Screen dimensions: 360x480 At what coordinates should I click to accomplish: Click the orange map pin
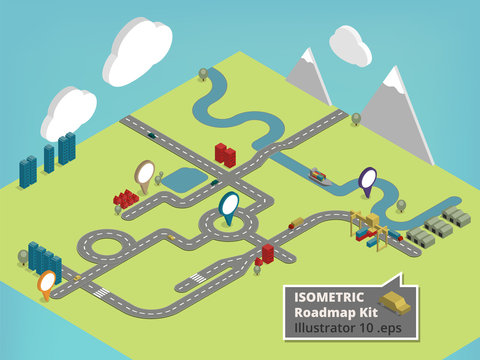[46, 283]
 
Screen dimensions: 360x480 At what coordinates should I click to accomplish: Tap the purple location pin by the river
[367, 179]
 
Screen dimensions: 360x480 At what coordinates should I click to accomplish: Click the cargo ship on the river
[318, 176]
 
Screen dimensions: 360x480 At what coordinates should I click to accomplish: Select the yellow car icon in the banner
[393, 304]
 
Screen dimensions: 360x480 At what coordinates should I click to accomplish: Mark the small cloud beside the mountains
[349, 44]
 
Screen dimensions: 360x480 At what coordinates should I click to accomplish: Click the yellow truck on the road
[297, 222]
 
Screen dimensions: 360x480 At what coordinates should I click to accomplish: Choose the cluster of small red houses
[126, 198]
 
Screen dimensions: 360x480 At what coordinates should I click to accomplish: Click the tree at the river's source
[203, 73]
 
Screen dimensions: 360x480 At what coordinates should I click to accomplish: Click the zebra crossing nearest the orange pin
[100, 292]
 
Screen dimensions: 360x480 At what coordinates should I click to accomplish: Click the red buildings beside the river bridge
[225, 154]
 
